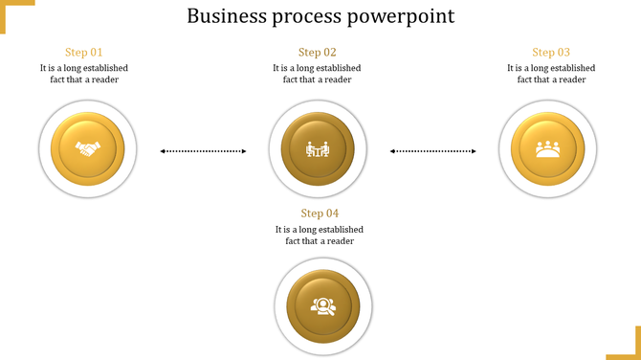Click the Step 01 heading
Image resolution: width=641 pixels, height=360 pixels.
pos(83,53)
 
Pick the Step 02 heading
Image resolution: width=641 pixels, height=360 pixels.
pos(317,53)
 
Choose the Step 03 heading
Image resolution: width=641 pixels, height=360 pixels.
pos(551,53)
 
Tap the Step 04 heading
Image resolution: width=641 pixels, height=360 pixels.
pos(320,214)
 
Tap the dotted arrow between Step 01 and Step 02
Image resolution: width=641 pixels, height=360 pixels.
pos(203,150)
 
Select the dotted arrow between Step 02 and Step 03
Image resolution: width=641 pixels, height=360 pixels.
pos(433,150)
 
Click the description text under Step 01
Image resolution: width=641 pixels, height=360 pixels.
pos(84,74)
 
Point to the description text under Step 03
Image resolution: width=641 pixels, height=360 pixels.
pos(551,74)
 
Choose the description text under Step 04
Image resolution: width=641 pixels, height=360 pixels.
pos(320,235)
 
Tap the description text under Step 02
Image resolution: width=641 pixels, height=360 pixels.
pos(317,74)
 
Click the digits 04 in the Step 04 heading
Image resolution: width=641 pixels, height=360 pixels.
pos(332,214)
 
